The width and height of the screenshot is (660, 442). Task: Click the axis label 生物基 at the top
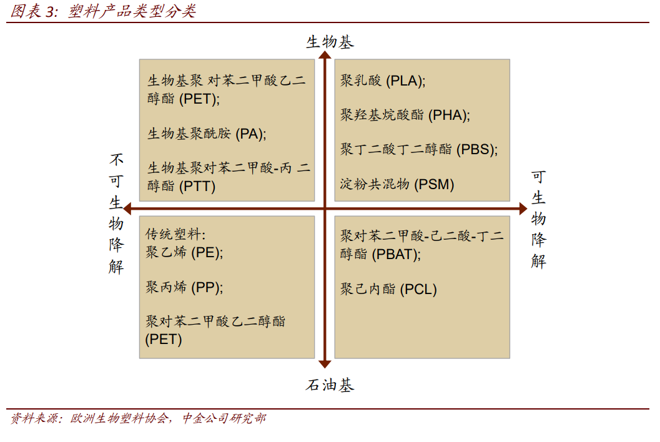[x=330, y=42]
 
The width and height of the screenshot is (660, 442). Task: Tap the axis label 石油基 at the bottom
[x=330, y=385]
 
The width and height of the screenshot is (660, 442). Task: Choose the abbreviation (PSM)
[x=434, y=184]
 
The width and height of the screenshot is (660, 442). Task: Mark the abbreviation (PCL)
[x=418, y=289]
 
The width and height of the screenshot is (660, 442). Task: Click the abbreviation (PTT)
[x=197, y=186]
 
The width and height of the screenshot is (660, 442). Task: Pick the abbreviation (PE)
[x=206, y=253]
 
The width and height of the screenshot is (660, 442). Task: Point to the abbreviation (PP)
[x=206, y=288]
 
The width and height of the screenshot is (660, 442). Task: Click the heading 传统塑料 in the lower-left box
[x=173, y=234]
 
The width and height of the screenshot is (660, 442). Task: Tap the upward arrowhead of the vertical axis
[x=325, y=55]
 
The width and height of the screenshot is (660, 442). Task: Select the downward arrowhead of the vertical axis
[x=325, y=364]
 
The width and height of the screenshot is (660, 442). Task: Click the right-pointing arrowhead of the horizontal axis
[x=523, y=209]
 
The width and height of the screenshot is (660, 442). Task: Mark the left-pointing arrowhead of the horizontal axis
[x=127, y=209]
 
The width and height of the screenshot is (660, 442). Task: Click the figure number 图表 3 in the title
[x=33, y=11]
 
